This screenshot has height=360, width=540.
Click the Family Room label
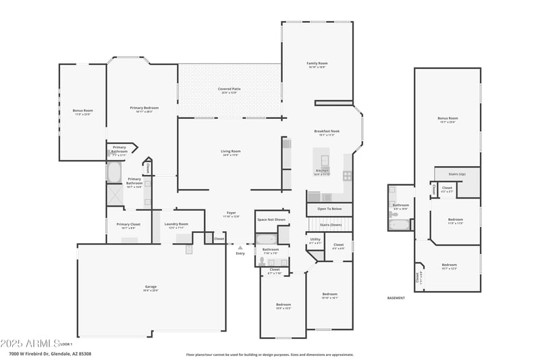[x=317, y=63]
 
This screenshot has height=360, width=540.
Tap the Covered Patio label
[x=229, y=89]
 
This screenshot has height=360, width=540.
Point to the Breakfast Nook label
[x=327, y=131]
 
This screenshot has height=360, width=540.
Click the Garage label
[x=151, y=287]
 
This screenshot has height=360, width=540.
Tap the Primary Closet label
[x=128, y=224]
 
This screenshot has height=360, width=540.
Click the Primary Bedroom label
[x=144, y=107]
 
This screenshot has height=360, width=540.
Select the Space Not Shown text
[x=271, y=220]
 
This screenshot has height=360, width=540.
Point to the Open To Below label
[x=330, y=209]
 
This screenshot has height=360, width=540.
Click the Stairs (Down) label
[x=330, y=224]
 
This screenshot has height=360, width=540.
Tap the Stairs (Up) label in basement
[x=457, y=174]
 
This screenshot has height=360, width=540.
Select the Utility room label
[x=315, y=239]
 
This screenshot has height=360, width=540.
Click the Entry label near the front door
[x=240, y=253]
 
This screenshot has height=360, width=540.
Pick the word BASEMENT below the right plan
[x=396, y=298]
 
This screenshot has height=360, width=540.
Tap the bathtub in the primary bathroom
[x=113, y=172]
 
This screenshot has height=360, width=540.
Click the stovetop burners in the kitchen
[x=347, y=175]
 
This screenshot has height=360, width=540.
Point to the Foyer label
[x=231, y=213]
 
